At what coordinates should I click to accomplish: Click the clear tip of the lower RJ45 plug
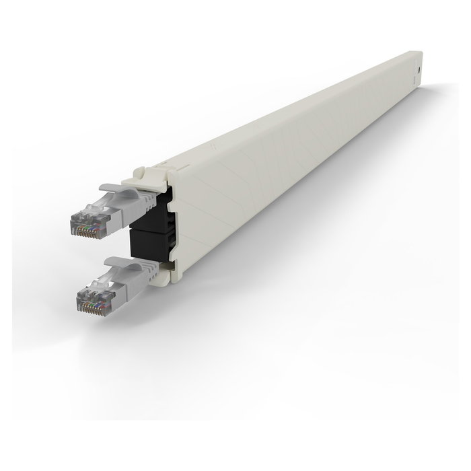click(91, 296)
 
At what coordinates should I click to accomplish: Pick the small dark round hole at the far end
click(419, 69)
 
